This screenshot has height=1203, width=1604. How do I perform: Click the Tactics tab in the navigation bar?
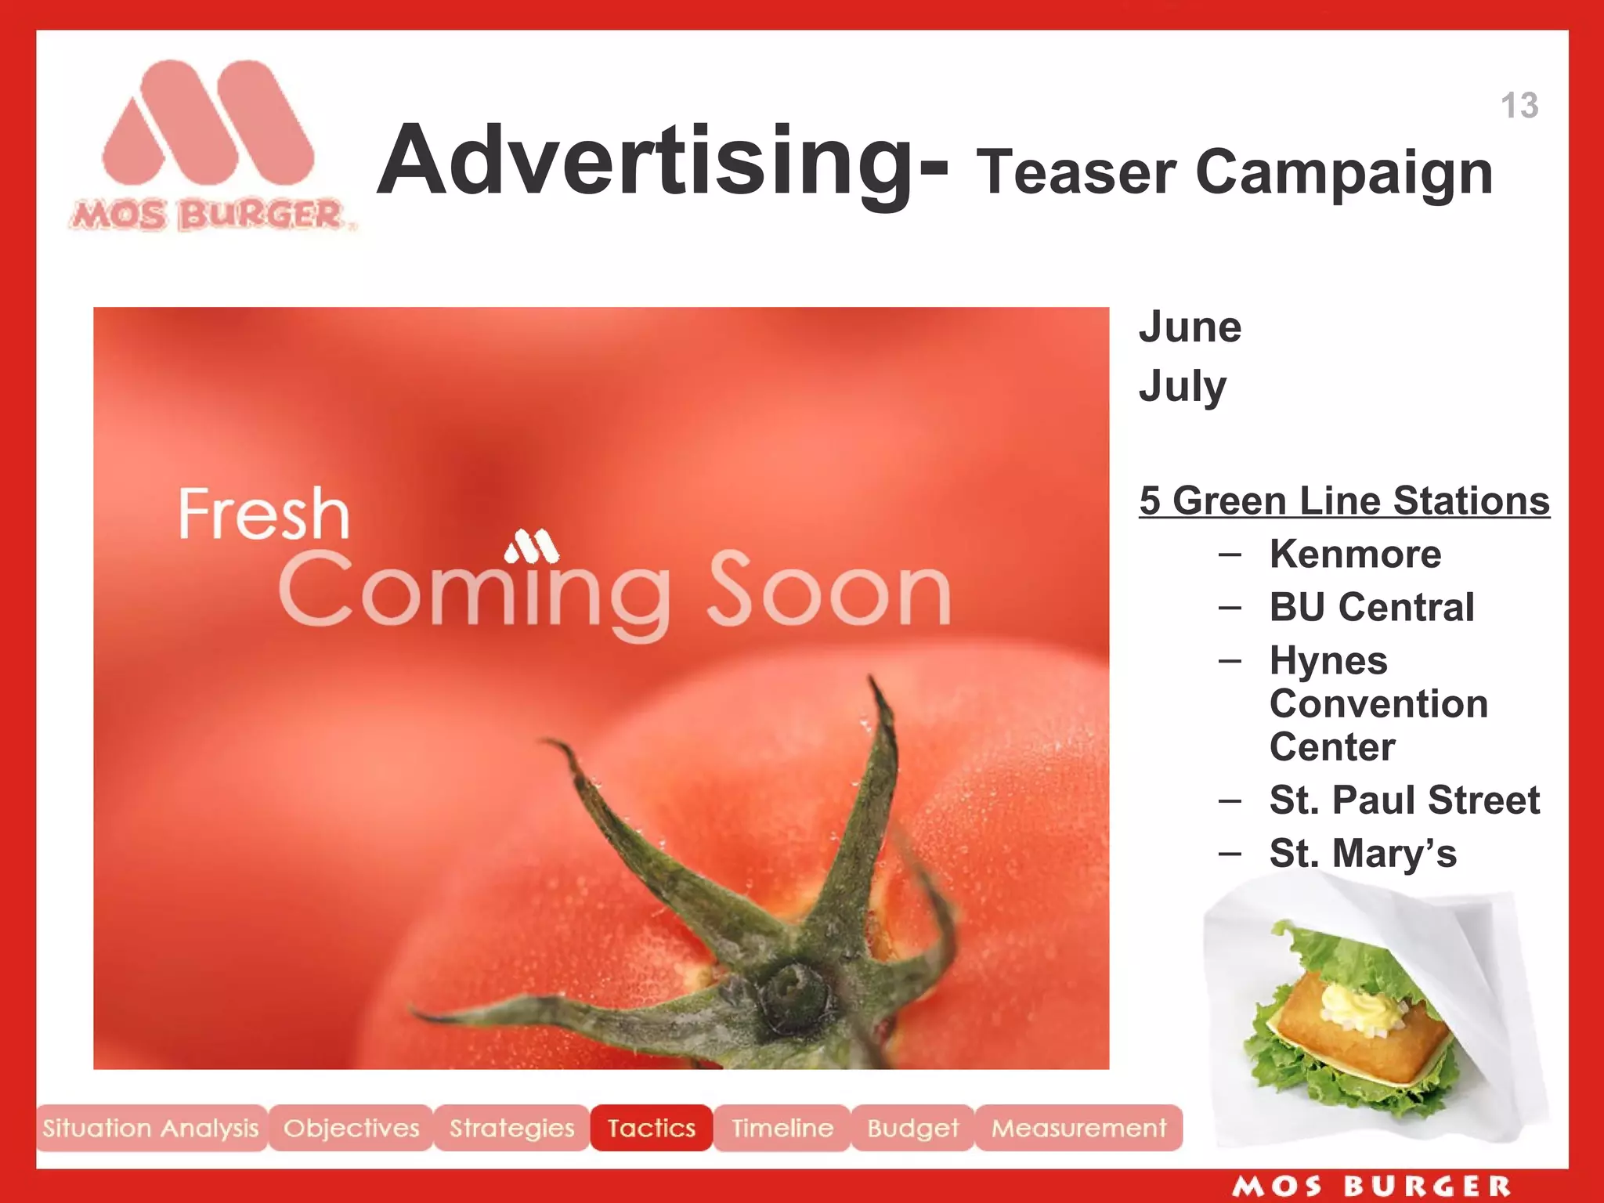pos(651,1128)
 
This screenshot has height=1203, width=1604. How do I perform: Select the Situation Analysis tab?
pos(151,1128)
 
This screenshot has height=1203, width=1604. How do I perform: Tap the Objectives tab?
pos(351,1128)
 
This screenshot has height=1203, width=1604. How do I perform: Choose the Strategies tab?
pos(511,1128)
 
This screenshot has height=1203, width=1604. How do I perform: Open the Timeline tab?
pos(782,1128)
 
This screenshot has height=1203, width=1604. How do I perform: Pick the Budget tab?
pos(912,1128)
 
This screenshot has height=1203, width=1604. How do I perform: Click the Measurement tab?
pos(1078,1128)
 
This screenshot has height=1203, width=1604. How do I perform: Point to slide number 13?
pos(1519,106)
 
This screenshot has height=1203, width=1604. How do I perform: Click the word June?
pos(1190,327)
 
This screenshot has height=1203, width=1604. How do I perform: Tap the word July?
pos(1183,387)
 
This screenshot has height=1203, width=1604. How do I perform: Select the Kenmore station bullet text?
pos(1355,555)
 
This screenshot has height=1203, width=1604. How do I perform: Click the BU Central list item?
pos(1371,607)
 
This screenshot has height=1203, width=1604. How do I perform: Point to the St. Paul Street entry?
pos(1404,800)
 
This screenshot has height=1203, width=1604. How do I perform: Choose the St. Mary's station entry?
pos(1363,853)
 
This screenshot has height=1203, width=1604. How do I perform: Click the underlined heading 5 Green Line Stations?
pos(1344,501)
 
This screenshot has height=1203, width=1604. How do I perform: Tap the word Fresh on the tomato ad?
pos(263,514)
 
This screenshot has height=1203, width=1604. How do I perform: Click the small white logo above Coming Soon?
pos(532,547)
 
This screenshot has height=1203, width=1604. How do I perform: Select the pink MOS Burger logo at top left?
pos(208,145)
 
